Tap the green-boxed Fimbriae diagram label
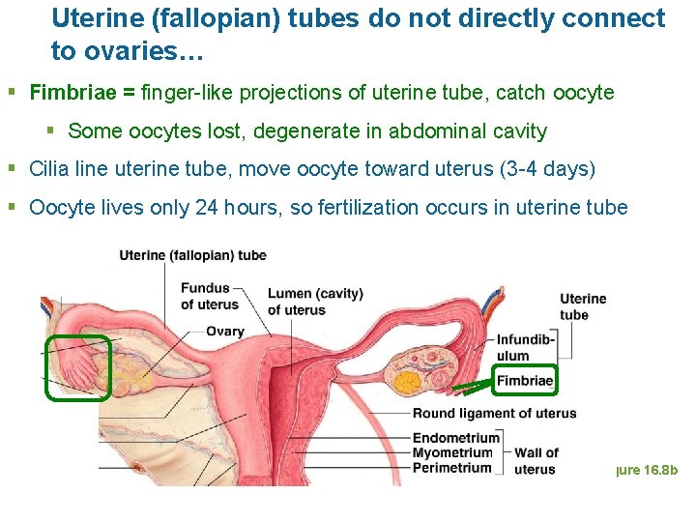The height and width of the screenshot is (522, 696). [x=525, y=381]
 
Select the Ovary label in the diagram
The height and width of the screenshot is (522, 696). [x=225, y=332]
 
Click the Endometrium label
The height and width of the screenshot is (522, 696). [x=455, y=438]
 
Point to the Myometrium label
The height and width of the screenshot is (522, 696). [x=453, y=452]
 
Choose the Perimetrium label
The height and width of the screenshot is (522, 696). [x=452, y=468]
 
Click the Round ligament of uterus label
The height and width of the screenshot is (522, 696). [x=494, y=414]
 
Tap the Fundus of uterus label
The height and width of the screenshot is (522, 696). [x=210, y=296]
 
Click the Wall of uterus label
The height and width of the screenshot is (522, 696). [x=536, y=461]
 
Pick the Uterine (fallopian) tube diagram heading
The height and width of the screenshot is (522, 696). [x=193, y=255]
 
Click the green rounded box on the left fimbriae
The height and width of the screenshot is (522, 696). [x=79, y=367]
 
